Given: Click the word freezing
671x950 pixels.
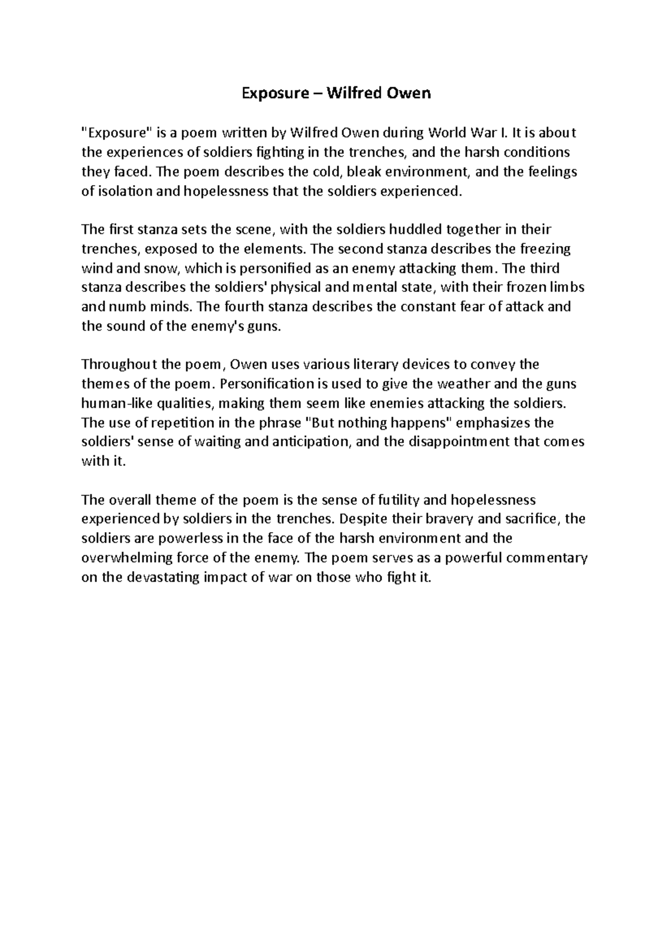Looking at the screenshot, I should click(545, 248).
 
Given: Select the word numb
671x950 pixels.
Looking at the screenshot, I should click(129, 307).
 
